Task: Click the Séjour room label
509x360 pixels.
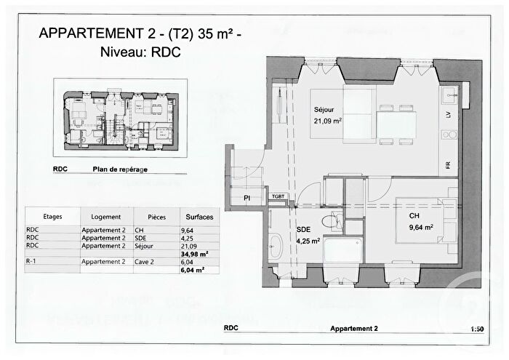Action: [323, 110]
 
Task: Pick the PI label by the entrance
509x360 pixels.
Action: [247, 197]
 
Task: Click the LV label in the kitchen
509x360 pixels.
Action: [449, 116]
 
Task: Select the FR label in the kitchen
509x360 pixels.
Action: [449, 164]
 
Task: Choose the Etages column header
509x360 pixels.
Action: [52, 217]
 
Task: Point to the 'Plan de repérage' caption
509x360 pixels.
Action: [120, 169]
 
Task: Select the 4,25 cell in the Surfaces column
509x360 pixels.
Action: [186, 238]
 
